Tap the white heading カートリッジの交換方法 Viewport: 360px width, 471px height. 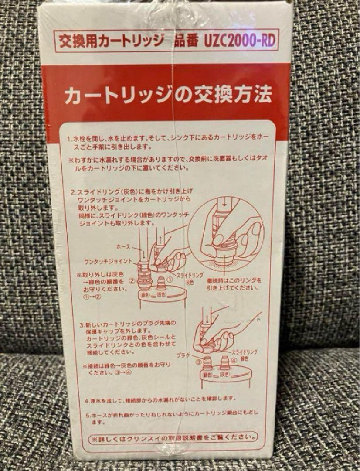[168, 95]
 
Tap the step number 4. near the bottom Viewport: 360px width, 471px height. [87, 399]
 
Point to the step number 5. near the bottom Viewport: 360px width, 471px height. [87, 414]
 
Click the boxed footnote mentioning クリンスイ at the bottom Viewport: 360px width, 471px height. [172, 437]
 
